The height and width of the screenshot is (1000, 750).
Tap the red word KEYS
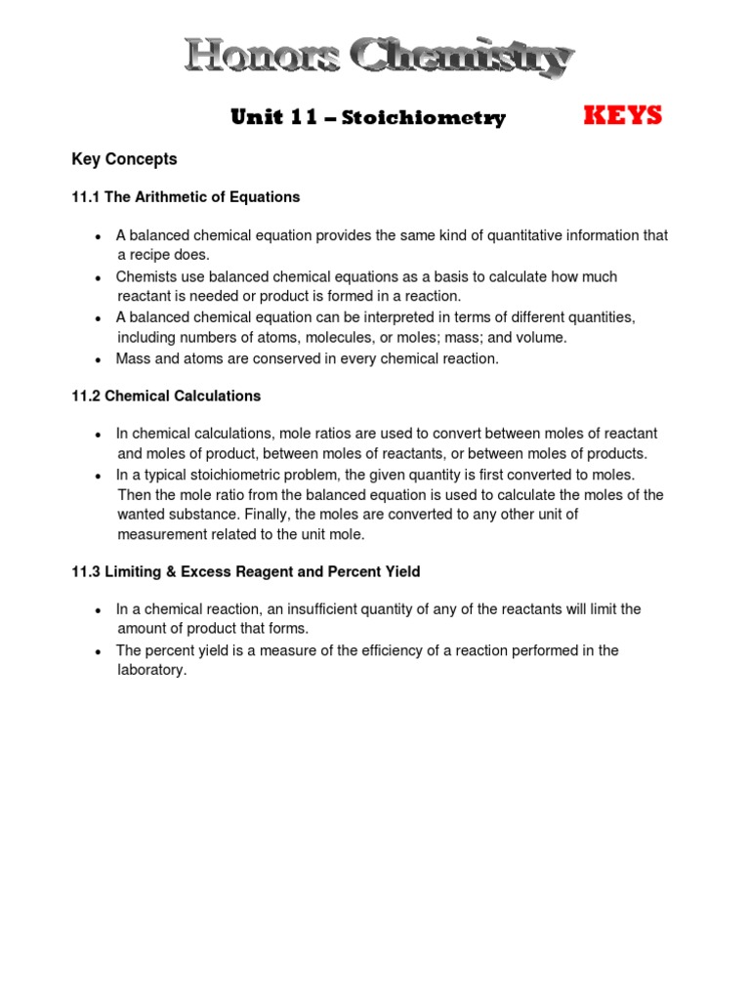coord(622,116)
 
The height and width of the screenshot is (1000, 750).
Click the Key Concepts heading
coord(124,158)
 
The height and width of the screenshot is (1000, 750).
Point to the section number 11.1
coord(86,197)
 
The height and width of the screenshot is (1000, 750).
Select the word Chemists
coord(146,277)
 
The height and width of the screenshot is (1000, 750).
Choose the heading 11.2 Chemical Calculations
coord(166,396)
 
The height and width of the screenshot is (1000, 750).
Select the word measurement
coord(161,534)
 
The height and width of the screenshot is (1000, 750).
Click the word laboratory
coord(150,671)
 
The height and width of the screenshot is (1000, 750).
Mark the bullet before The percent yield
coord(98,651)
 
